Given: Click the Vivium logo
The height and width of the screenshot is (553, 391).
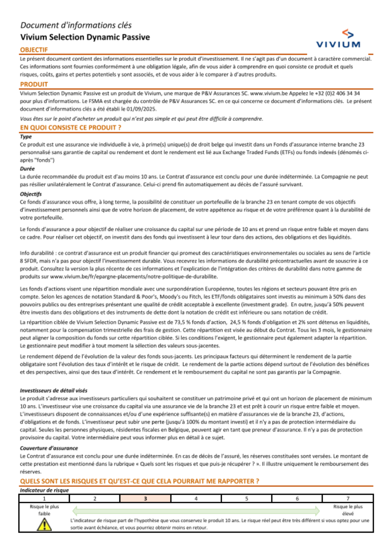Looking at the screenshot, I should click(338, 39).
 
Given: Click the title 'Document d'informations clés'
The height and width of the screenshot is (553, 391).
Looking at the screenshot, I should click(76, 25).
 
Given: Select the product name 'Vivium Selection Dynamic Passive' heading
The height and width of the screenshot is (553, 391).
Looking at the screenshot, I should click(85, 37).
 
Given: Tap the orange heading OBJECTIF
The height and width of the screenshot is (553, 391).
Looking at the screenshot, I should click(34, 50).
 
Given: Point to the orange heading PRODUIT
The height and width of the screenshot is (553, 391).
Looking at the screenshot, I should click(34, 84).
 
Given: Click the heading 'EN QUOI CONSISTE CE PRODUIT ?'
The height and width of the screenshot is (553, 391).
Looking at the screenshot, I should click(70, 128).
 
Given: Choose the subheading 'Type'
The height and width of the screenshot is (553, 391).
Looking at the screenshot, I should click(26, 137).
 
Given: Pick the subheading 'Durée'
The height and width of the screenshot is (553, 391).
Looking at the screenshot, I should click(27, 169).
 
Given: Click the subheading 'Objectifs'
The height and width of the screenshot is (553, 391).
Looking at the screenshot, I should click(30, 194).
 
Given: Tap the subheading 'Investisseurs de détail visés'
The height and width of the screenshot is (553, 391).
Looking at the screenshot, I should click(54, 391).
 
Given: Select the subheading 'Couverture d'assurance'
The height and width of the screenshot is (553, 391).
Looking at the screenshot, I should click(49, 448).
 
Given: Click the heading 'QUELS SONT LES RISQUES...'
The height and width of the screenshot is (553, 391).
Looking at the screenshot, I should click(139, 481).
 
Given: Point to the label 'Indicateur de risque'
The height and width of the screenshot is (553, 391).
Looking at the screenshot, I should click(44, 490).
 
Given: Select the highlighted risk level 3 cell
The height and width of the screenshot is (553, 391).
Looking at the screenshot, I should click(145, 499).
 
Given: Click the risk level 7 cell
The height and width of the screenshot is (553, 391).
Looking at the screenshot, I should click(348, 499).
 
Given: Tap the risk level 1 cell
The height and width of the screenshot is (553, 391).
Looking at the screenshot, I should click(44, 499).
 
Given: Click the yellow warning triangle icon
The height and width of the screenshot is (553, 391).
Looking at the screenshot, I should click(44, 524).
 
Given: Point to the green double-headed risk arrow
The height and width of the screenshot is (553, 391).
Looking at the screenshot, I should click(196, 510).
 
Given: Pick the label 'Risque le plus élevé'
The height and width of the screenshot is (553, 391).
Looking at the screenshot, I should click(348, 510).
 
